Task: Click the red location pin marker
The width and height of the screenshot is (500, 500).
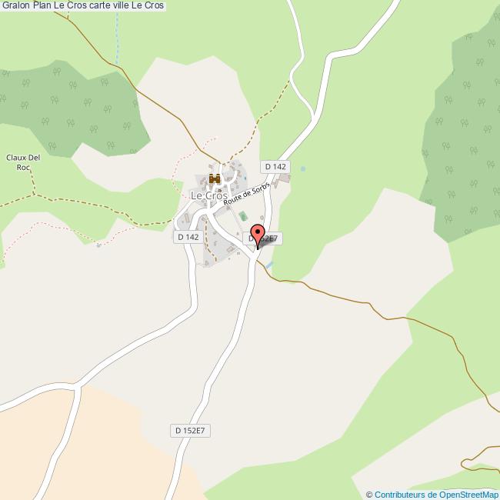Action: [x=258, y=234]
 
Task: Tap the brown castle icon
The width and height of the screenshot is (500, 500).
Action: [x=214, y=180]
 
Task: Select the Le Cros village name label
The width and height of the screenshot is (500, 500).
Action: [x=208, y=196]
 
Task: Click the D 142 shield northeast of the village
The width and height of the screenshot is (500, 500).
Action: [x=275, y=166]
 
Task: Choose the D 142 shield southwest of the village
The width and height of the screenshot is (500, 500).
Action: [x=188, y=237]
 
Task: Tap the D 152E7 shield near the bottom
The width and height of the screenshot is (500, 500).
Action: [x=189, y=430]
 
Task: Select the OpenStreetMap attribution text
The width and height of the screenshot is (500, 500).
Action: [x=436, y=495]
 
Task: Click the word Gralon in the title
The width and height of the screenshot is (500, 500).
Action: [x=15, y=5]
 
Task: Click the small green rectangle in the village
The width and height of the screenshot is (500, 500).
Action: [x=243, y=215]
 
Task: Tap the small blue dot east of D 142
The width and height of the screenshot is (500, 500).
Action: [x=303, y=168]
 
